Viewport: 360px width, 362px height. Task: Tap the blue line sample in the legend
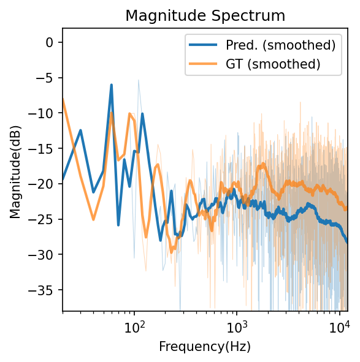coord(205,45)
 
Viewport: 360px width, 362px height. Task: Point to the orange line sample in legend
coord(205,64)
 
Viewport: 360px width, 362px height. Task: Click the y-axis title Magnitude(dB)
coord(15,169)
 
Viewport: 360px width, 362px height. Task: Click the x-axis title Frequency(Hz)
coord(205,347)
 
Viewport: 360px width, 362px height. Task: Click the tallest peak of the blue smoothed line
coord(111,85)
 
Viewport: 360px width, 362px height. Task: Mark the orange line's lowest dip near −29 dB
coord(172,251)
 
